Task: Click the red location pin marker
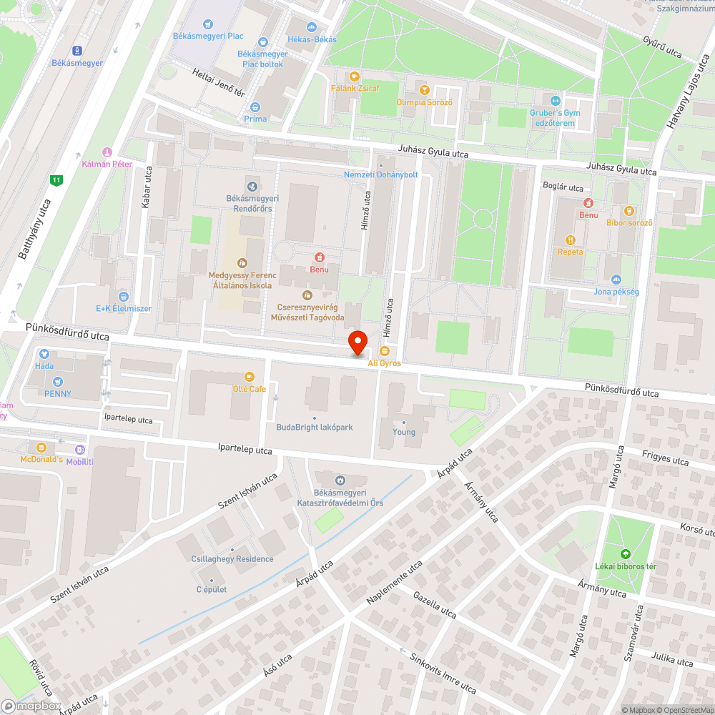click(357, 342)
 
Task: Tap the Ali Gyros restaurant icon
click(385, 351)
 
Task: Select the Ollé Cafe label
click(249, 388)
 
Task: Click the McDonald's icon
click(41, 448)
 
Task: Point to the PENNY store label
click(57, 394)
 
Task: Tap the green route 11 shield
click(56, 180)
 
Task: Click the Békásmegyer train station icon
click(77, 50)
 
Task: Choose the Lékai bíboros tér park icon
click(626, 553)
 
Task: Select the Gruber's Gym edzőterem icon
click(556, 100)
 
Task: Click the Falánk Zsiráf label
click(355, 89)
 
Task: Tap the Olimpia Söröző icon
click(425, 90)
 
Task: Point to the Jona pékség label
click(616, 292)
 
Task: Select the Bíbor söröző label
click(629, 222)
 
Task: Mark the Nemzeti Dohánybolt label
click(380, 174)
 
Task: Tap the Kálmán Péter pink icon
click(107, 152)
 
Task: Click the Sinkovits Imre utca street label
click(438, 672)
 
